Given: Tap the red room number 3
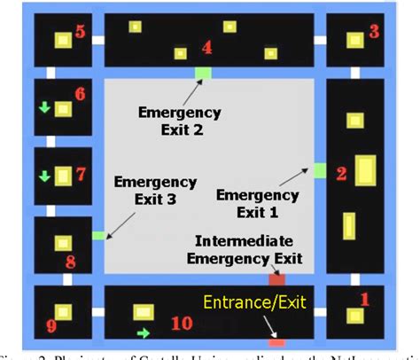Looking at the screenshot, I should click(374, 32).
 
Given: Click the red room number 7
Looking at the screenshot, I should click(80, 174).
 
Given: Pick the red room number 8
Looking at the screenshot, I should click(71, 262).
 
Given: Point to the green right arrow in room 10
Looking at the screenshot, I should click(141, 333).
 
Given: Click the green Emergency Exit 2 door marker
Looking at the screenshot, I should click(203, 72).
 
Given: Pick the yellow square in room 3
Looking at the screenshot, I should click(354, 40).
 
